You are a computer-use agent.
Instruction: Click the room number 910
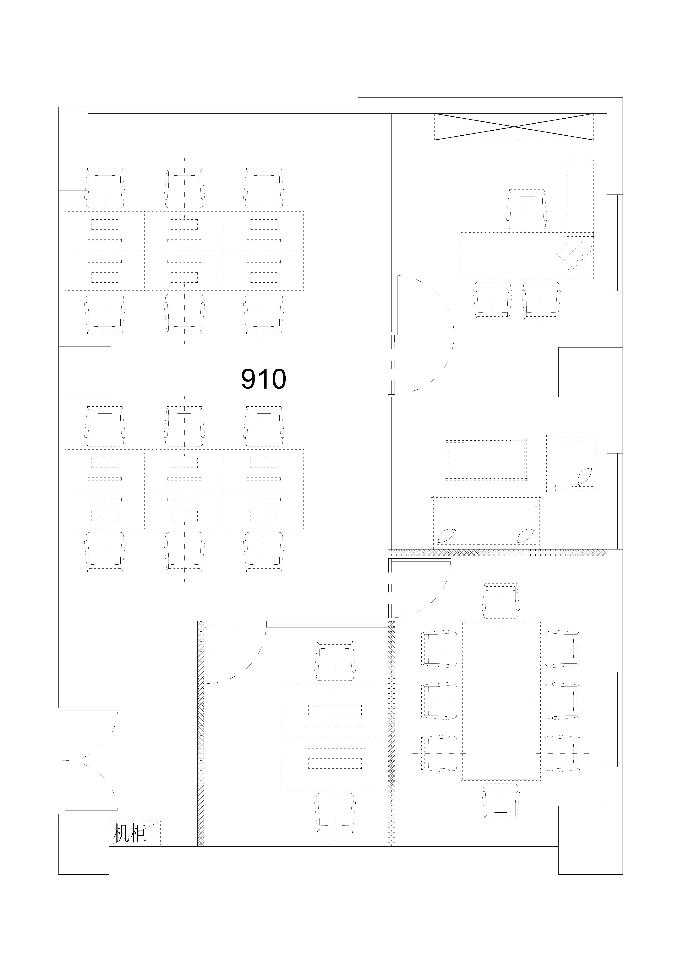pyautogui.click(x=263, y=379)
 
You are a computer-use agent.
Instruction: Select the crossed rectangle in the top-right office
pyautogui.click(x=514, y=126)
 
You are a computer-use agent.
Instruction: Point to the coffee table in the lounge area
pyautogui.click(x=486, y=460)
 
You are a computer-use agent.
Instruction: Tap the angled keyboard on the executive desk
pyautogui.click(x=574, y=253)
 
